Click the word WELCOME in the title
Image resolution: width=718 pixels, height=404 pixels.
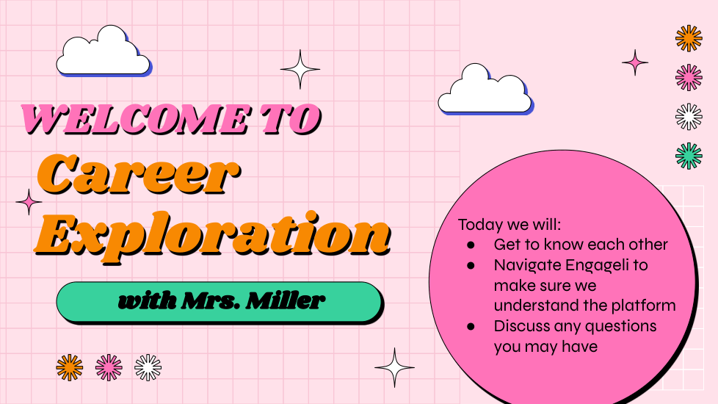(136, 119)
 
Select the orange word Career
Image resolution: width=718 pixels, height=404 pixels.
(138, 175)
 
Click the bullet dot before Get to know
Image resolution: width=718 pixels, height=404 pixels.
(471, 245)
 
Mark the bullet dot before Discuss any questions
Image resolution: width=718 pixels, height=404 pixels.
(471, 327)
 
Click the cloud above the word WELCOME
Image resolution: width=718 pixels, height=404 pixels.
(104, 51)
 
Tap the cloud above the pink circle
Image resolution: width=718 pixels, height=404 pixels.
(486, 89)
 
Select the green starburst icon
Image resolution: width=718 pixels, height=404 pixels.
(689, 156)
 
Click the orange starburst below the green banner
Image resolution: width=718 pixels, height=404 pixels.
(70, 367)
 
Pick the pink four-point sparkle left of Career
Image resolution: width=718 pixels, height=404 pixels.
(29, 202)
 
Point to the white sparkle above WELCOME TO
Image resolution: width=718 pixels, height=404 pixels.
(300, 69)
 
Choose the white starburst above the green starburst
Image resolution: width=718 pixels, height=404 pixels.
(689, 117)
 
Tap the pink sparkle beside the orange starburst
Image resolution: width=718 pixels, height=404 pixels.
(635, 62)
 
